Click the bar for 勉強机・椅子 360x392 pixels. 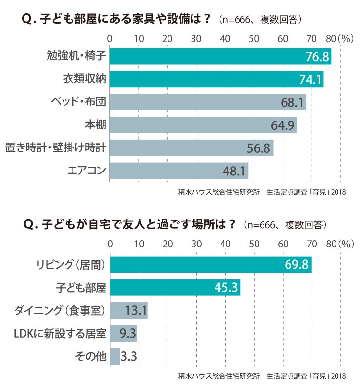(x=220, y=56)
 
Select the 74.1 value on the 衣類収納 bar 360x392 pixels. (x=311, y=80)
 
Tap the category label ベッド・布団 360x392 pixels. (x=79, y=102)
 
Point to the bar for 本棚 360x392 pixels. (x=203, y=125)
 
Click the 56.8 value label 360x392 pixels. (x=259, y=148)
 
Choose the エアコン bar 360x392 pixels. (x=179, y=171)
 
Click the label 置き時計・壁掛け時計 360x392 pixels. (x=56, y=147)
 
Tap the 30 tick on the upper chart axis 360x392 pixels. (x=196, y=39)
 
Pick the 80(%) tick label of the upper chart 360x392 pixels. (x=340, y=39)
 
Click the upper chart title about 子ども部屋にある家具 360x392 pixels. (x=116, y=19)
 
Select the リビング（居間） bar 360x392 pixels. (x=211, y=265)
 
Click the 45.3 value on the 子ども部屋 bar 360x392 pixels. (x=226, y=288)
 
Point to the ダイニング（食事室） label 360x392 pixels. (x=60, y=311)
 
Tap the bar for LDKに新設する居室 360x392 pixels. (x=123, y=334)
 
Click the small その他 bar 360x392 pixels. (x=115, y=357)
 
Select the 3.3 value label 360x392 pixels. (x=129, y=357)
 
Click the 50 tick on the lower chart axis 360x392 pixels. (x=254, y=244)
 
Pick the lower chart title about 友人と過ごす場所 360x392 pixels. (x=129, y=224)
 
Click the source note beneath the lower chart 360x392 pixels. (x=262, y=376)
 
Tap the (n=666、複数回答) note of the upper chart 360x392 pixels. (x=260, y=19)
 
